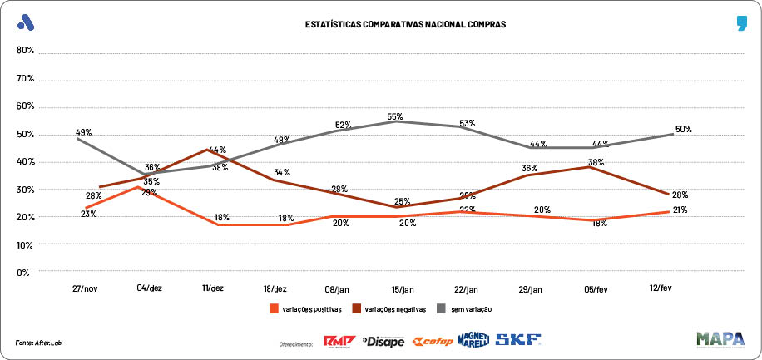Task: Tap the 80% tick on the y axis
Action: point(24,51)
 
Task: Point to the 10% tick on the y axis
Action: point(24,244)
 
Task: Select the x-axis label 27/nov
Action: point(86,288)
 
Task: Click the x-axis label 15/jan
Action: point(403,288)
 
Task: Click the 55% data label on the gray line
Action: point(395,117)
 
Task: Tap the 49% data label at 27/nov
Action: point(84,132)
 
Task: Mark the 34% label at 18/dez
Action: point(282,173)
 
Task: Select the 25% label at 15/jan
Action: point(403,202)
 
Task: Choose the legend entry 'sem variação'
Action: point(471,309)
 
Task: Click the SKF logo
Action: point(517,340)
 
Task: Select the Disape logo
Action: point(383,341)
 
